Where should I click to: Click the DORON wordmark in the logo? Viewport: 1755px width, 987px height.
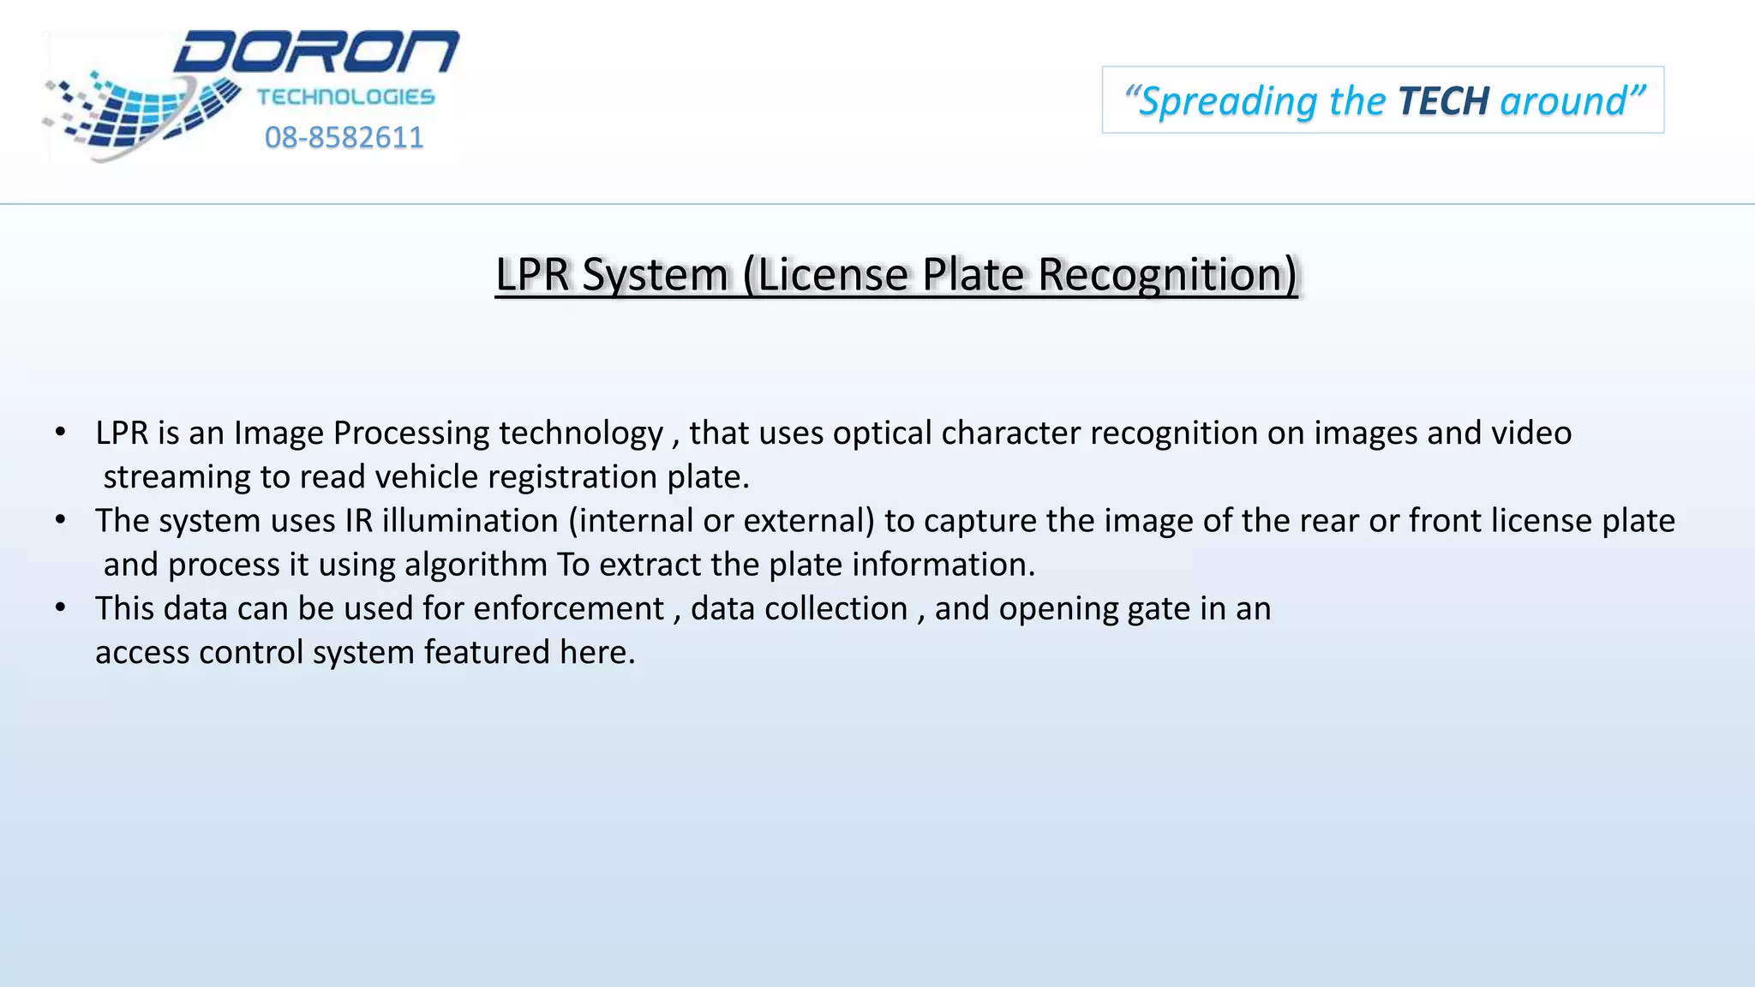(x=317, y=53)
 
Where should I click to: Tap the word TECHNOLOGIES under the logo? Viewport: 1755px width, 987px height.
(x=345, y=97)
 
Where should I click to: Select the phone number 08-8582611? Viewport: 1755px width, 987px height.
(x=344, y=137)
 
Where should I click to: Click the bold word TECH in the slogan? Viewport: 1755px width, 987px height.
(x=1443, y=101)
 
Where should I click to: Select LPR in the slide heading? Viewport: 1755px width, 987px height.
(x=532, y=275)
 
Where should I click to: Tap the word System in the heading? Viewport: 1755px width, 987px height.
(x=655, y=275)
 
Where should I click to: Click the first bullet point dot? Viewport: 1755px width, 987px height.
(x=60, y=432)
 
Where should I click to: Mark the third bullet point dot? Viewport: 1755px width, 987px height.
(x=60, y=607)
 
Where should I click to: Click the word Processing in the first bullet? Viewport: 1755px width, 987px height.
(x=411, y=434)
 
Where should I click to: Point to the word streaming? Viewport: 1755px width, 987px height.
(x=176, y=477)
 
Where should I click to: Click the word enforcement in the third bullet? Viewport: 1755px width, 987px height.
(x=568, y=608)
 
